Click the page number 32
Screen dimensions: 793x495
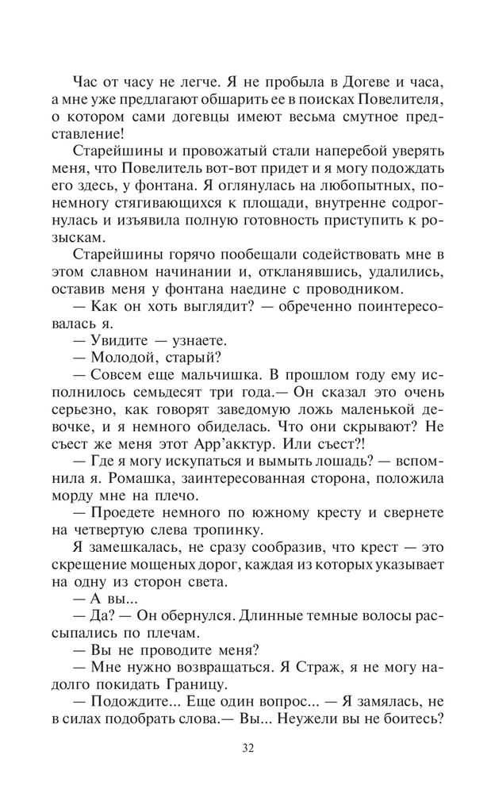(247, 746)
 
